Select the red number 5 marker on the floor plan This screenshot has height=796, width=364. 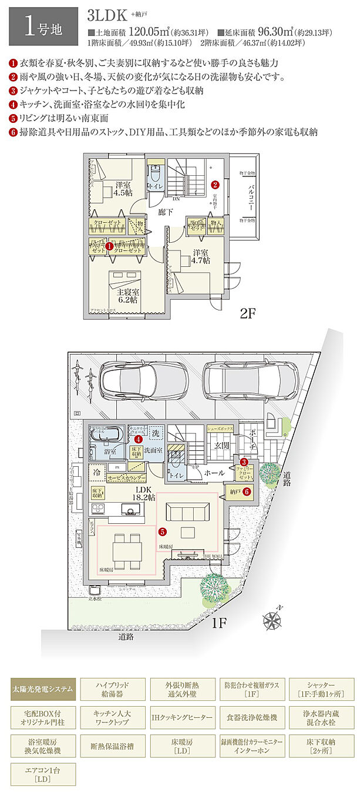pyautogui.click(x=162, y=531)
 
